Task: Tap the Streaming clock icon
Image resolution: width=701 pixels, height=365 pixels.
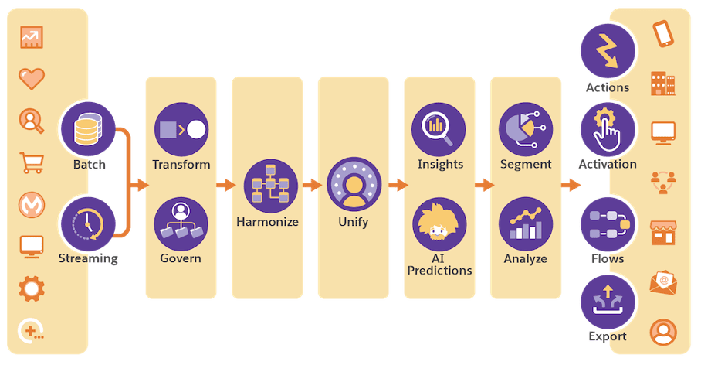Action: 86,223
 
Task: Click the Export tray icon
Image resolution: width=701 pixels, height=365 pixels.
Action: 608,302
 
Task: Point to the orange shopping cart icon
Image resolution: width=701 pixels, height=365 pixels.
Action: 32,162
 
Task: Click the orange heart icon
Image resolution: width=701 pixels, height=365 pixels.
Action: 32,78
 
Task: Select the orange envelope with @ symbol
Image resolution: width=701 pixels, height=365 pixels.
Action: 662,282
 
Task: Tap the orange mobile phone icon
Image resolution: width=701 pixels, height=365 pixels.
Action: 662,35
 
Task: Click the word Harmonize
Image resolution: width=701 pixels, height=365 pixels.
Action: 267,223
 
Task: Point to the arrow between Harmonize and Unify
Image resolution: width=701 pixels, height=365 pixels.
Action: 312,186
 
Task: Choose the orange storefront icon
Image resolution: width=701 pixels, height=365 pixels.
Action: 662,232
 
